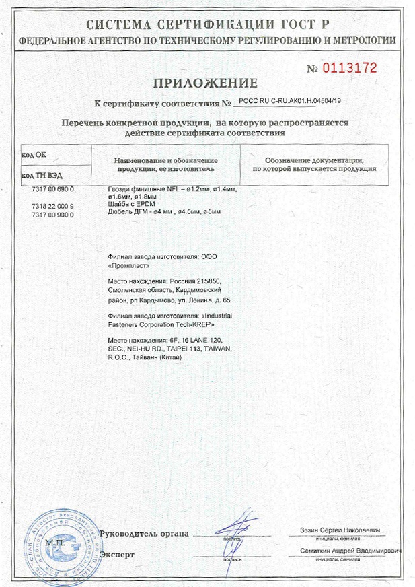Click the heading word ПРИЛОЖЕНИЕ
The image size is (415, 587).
coord(204,84)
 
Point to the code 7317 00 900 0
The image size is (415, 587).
coord(52,213)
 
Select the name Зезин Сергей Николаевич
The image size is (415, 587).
coord(338,531)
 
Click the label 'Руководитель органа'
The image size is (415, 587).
coord(144,534)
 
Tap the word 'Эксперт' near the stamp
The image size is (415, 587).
coord(118,555)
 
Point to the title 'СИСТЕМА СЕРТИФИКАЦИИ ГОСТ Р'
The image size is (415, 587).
coord(207,26)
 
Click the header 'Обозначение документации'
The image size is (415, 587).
coord(313,161)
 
